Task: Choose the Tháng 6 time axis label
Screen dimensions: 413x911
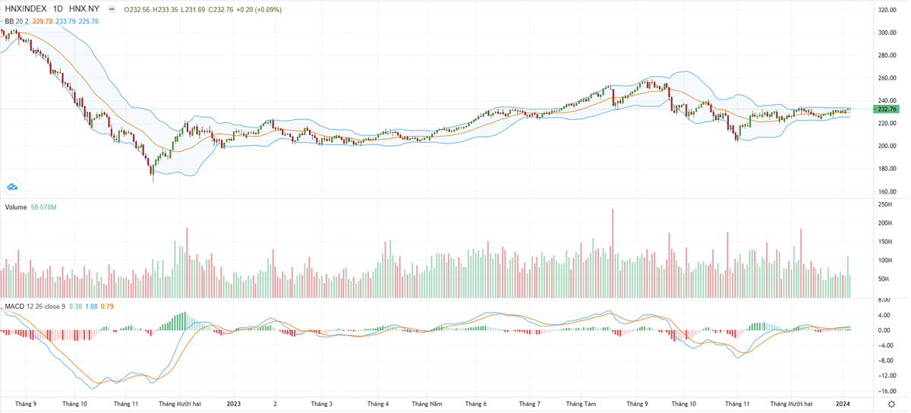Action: tap(476, 405)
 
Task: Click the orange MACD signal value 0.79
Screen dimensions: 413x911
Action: tap(108, 307)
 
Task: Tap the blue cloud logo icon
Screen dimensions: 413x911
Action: tap(12, 186)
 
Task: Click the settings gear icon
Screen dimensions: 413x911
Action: tap(892, 404)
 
